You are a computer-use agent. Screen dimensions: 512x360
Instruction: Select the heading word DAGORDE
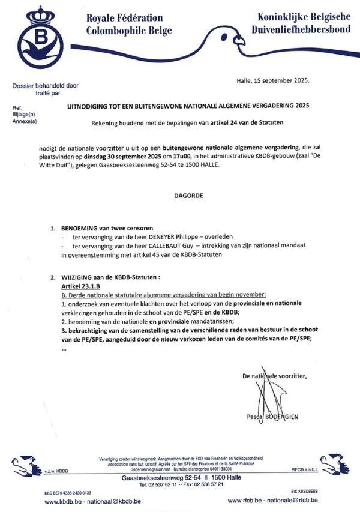coord(179,196)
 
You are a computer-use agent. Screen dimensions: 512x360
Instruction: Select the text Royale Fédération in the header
coord(124,17)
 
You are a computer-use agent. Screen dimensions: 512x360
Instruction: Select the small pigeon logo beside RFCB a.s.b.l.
coord(334,463)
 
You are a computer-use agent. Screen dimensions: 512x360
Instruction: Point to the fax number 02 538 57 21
coord(200,484)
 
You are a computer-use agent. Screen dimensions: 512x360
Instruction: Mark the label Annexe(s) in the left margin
coord(25,121)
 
